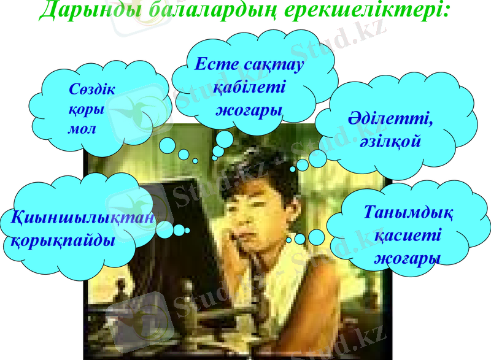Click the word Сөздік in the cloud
(92, 90)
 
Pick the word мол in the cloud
(82, 130)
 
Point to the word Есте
(218, 64)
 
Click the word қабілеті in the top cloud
(249, 87)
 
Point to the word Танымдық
(409, 213)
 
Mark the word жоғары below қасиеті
(408, 258)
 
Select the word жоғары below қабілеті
(249, 110)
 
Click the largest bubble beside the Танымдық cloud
(317, 237)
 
